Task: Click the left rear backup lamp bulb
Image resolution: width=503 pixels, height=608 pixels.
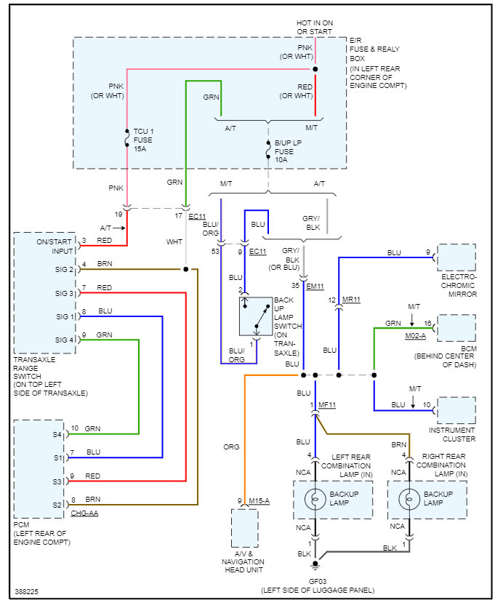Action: tap(315, 499)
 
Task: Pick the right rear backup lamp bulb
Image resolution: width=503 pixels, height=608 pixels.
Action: tap(409, 499)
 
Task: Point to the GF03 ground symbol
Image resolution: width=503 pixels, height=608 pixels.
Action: tap(315, 564)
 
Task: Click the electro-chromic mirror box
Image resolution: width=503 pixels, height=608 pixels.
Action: tap(456, 257)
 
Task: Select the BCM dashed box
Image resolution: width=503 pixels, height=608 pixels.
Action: tap(456, 328)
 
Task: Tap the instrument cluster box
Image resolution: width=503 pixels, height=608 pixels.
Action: tap(456, 410)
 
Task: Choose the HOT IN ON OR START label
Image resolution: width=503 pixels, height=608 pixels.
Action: tap(314, 28)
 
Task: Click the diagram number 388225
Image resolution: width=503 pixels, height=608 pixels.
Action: tap(27, 592)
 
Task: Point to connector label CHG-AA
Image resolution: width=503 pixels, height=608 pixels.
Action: tap(85, 513)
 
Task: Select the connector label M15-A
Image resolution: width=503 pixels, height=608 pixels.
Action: tap(259, 500)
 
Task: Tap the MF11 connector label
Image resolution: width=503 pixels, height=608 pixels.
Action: tap(329, 404)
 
